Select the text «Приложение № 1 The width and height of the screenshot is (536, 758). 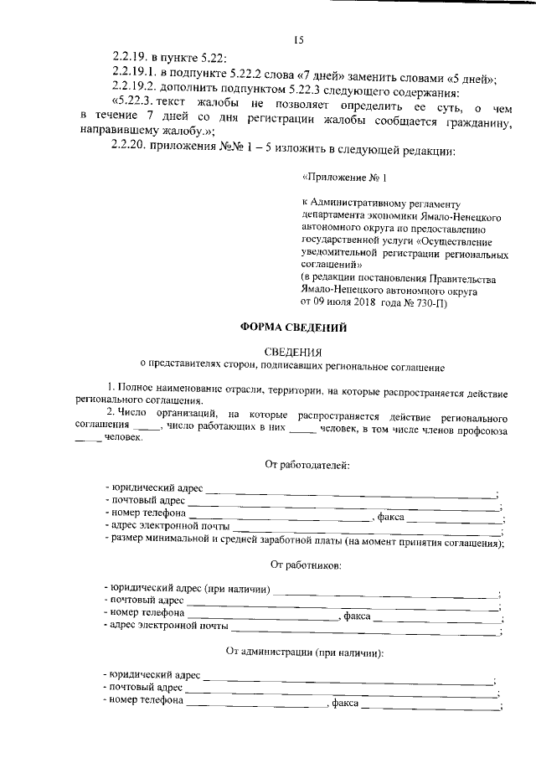(344, 178)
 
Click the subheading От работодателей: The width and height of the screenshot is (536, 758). (307, 464)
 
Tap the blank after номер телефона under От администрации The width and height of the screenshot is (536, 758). (255, 704)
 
